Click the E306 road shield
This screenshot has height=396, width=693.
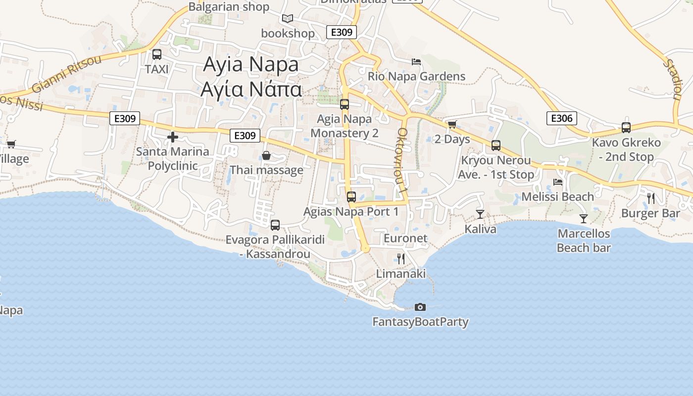(562, 118)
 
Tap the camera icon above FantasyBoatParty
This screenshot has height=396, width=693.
(420, 307)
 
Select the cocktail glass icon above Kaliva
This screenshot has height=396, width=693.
(480, 214)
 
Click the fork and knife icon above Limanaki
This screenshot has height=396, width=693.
(401, 258)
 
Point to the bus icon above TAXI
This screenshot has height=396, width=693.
(157, 54)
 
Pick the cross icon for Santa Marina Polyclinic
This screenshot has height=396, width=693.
(173, 137)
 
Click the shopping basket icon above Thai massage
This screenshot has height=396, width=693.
(266, 156)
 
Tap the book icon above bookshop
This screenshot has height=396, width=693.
(288, 19)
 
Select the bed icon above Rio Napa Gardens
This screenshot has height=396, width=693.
(416, 62)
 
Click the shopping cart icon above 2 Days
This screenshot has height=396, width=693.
(451, 124)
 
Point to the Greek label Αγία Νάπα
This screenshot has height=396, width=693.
(251, 90)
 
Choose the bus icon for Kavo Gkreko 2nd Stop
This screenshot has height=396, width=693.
(626, 128)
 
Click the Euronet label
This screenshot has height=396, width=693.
(405, 238)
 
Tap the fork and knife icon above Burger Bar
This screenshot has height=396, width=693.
(651, 198)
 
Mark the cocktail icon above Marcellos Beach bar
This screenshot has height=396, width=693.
(584, 218)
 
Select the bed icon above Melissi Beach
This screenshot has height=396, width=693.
(558, 182)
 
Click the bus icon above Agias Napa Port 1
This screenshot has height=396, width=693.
(351, 197)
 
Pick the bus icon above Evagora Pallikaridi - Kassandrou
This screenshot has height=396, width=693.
(275, 225)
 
